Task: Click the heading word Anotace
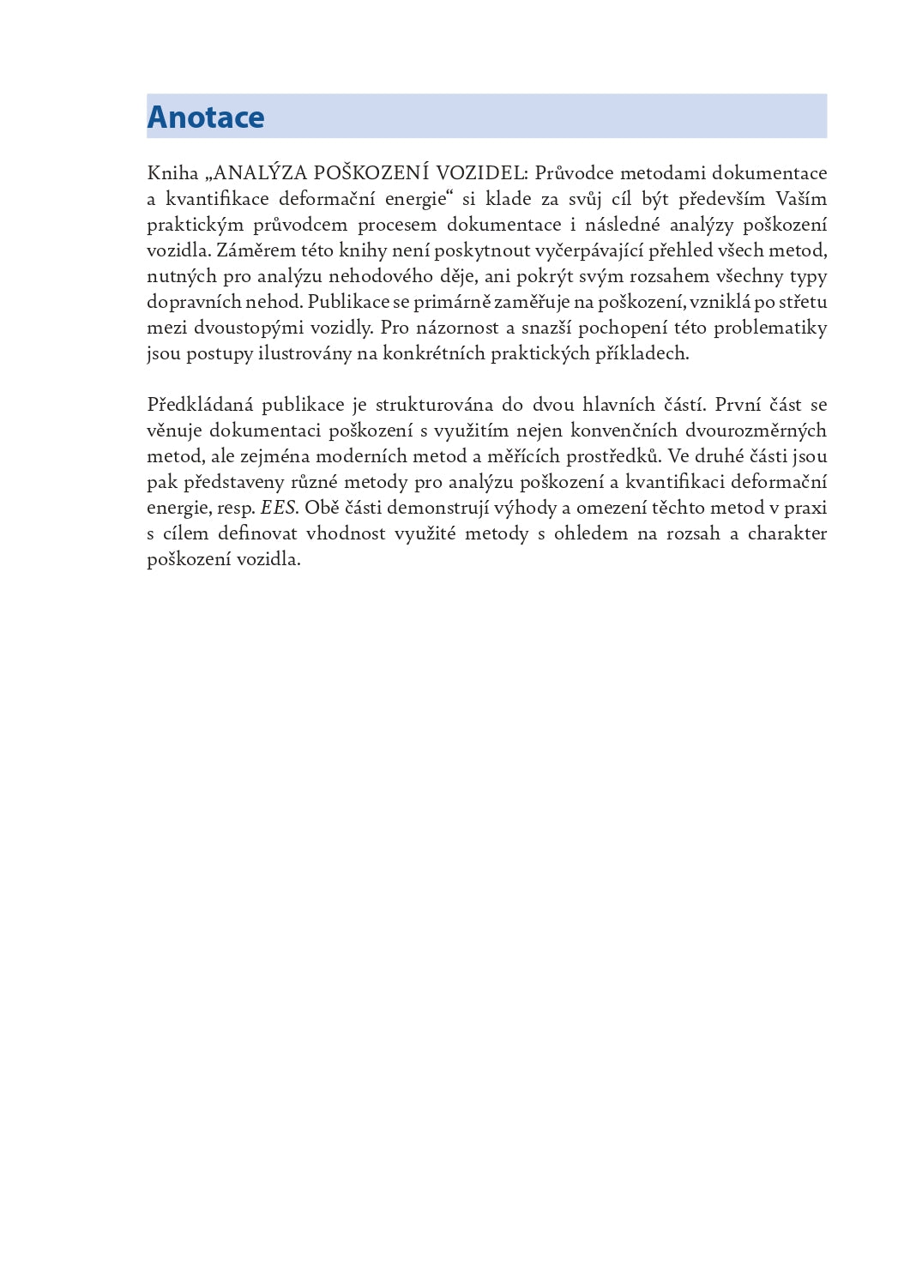pos(206,117)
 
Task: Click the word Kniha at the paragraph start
pos(172,173)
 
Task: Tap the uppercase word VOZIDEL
pos(481,173)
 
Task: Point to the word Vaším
pos(801,199)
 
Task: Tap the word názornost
pos(457,328)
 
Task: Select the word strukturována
pos(434,405)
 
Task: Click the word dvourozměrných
pos(756,431)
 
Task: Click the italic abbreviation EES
pos(279,508)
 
